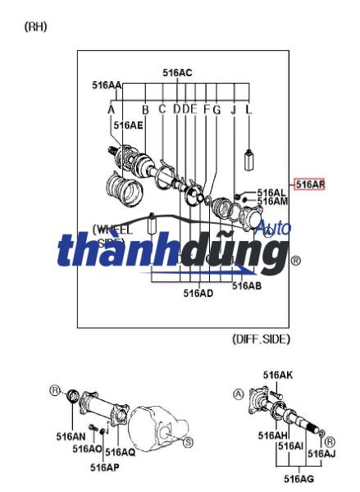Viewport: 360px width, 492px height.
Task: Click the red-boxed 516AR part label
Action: [x=310, y=184]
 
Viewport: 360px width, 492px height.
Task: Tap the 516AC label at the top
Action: [x=177, y=73]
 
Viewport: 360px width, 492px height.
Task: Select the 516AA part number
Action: [x=107, y=84]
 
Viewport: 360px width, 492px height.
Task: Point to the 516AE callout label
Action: [x=128, y=125]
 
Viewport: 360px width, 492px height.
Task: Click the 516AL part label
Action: [x=271, y=193]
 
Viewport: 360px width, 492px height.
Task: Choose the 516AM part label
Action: [x=272, y=202]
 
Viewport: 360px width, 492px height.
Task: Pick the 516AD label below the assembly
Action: [x=198, y=293]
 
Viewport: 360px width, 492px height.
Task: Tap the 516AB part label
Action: [x=246, y=286]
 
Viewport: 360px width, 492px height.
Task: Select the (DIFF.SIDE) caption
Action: [x=261, y=338]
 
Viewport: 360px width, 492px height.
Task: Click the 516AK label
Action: [x=277, y=375]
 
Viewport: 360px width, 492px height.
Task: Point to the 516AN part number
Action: [x=70, y=437]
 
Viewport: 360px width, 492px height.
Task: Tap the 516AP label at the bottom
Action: [x=104, y=467]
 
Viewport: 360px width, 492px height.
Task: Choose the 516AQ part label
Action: [x=121, y=452]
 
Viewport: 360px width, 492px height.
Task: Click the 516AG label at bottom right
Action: [x=298, y=478]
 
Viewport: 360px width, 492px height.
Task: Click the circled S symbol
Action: [x=188, y=443]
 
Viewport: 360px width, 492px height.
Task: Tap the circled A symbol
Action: [x=239, y=394]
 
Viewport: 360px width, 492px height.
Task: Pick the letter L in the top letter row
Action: [x=249, y=109]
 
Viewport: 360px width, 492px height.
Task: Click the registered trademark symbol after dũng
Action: [x=296, y=262]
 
